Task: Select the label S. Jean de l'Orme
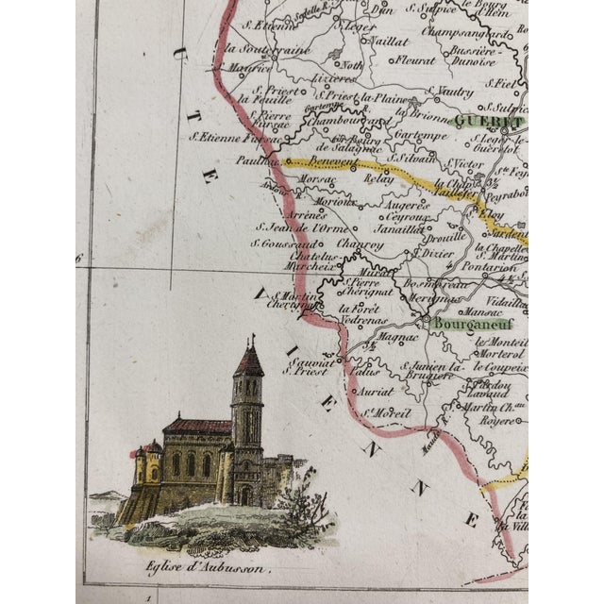(292, 227)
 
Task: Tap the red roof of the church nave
(197, 427)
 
